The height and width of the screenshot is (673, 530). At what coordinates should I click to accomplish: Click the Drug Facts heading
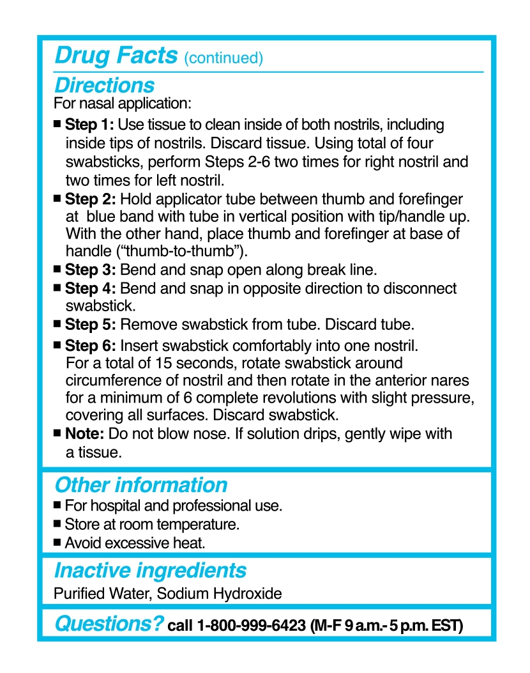tap(116, 56)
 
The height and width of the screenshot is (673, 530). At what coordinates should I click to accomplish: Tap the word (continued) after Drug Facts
tap(223, 58)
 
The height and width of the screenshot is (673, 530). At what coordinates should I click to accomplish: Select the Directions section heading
tap(104, 85)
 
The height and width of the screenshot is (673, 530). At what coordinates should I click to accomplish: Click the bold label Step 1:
tap(89, 124)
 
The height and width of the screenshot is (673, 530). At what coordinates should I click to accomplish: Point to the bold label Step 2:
tap(89, 200)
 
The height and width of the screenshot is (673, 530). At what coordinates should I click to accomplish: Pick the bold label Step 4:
tap(89, 288)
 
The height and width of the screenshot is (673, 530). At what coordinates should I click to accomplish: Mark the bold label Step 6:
tap(89, 346)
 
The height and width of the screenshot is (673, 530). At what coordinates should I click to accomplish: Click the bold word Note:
tap(85, 434)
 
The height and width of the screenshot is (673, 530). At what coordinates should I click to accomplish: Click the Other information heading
tap(140, 485)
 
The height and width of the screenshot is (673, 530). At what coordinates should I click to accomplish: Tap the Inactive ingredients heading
tap(150, 569)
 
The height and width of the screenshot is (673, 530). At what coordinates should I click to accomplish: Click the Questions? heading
tap(109, 623)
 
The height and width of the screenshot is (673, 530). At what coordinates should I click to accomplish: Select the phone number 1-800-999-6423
tap(252, 626)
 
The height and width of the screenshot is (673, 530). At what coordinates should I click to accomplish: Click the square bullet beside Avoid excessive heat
tap(57, 543)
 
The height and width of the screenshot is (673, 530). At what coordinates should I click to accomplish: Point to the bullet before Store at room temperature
tap(57, 524)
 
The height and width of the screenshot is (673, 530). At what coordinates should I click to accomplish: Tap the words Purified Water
tap(102, 594)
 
